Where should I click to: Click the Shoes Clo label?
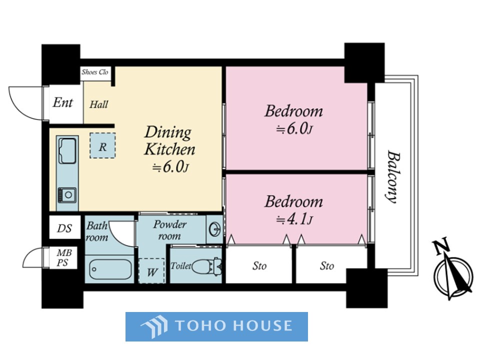94,72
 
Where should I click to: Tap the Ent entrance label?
63,102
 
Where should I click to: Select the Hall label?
98,104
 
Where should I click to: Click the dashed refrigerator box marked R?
102,145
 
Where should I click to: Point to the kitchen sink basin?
67,151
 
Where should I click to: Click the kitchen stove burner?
67,194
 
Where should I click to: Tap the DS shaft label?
64,228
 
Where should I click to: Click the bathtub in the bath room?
110,269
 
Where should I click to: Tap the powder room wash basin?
215,229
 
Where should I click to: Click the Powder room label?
169,230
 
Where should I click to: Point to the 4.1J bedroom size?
294,219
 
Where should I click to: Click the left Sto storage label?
259,265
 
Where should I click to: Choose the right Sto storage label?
326,265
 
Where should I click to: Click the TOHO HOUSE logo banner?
216,326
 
